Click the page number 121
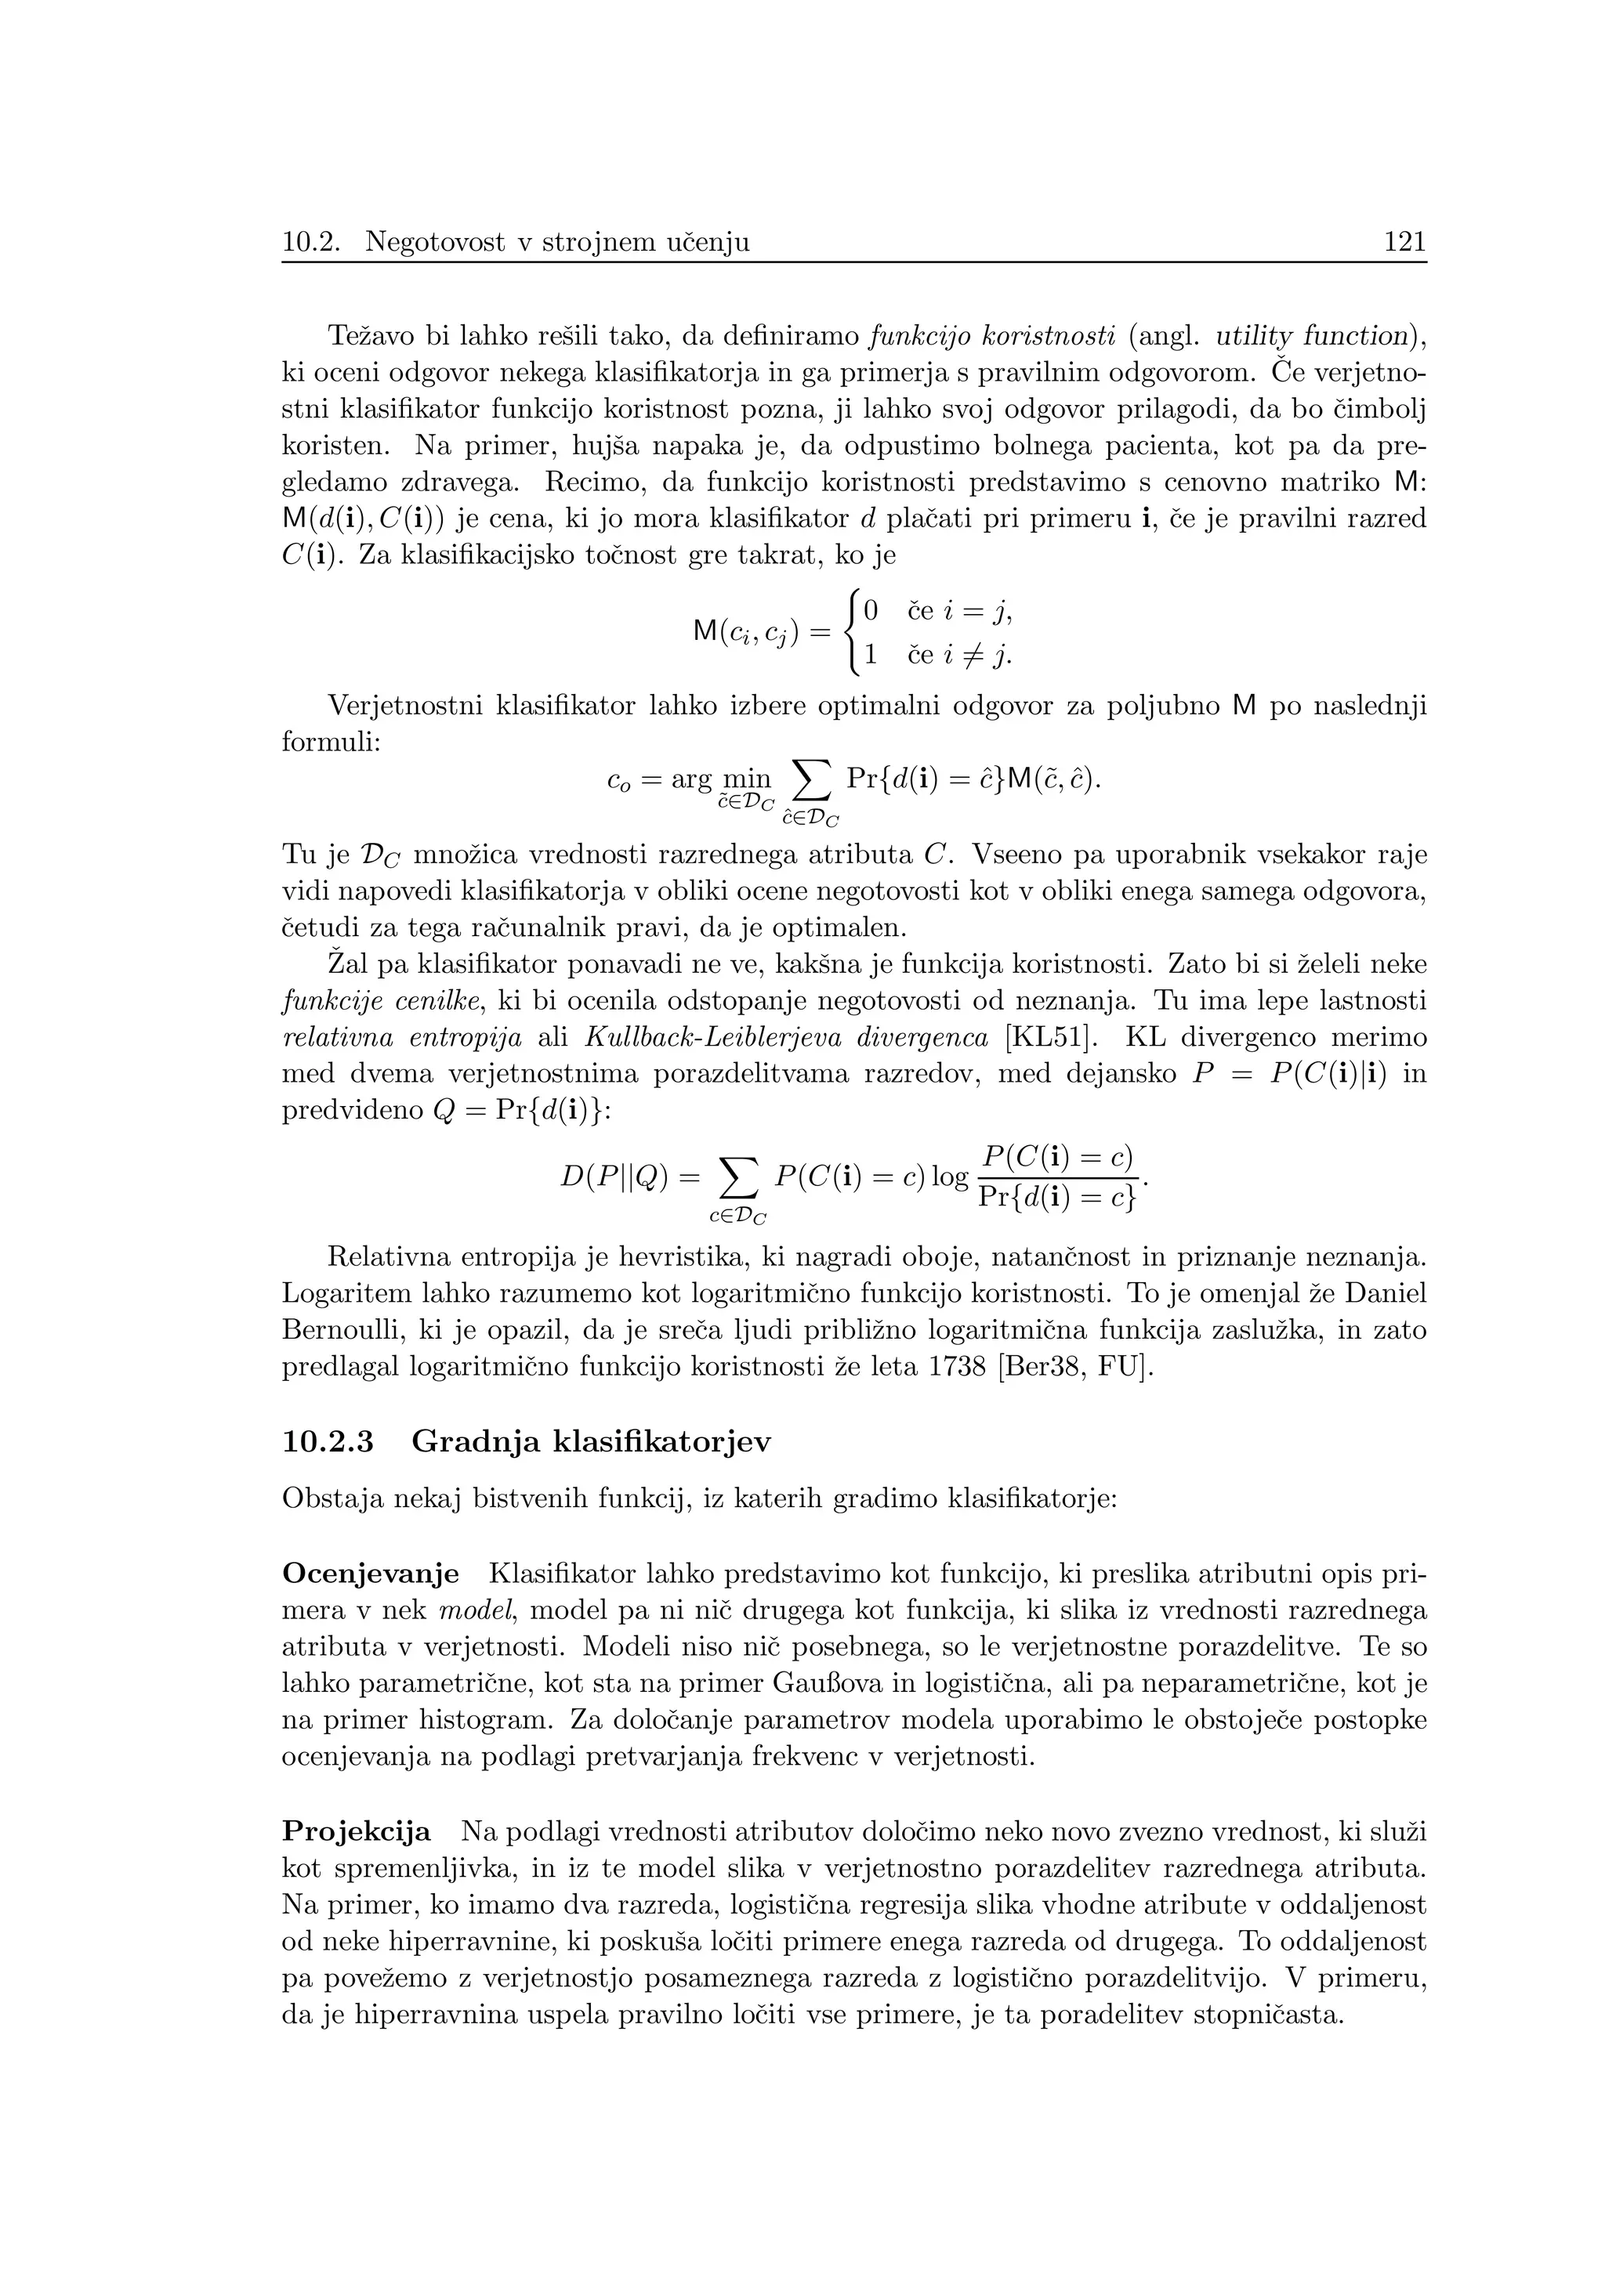[1405, 242]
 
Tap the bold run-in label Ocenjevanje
[371, 1574]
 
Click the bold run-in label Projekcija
[357, 1832]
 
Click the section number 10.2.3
[328, 1443]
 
